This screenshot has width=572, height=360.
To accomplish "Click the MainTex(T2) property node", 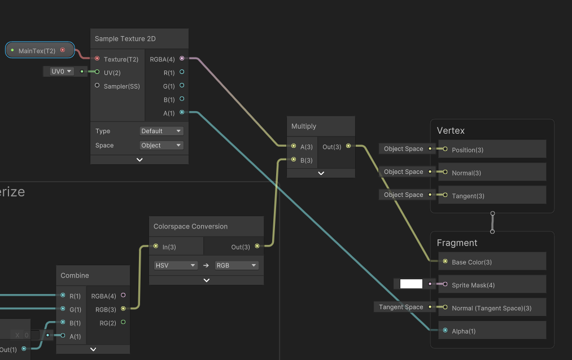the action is (x=40, y=50).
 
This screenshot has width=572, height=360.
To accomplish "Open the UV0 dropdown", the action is (x=61, y=72).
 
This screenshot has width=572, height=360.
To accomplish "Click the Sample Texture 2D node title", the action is (x=125, y=38).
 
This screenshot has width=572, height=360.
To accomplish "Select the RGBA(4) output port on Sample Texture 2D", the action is (x=182, y=58).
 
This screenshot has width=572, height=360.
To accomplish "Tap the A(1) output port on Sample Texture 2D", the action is (x=182, y=112).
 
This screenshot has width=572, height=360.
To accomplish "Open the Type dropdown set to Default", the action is (x=161, y=131).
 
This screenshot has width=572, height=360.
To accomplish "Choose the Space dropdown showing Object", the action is (x=161, y=145).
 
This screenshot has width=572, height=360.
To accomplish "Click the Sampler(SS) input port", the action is (x=97, y=85).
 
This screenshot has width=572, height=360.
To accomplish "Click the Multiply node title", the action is (x=304, y=126).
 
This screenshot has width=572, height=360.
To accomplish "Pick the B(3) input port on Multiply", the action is (x=294, y=159).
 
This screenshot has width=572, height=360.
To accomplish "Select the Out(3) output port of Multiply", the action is (x=348, y=146).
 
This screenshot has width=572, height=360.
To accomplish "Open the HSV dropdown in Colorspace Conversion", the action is (x=176, y=265).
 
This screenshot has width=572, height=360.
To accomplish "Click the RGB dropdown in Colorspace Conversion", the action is (x=237, y=265).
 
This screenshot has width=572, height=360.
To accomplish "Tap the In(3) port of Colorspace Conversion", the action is (x=156, y=246).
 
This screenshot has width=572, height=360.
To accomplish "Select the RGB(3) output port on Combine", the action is (x=123, y=309).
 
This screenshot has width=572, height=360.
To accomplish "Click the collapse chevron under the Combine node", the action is (x=93, y=349).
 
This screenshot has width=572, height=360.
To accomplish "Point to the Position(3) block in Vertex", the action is (x=492, y=149).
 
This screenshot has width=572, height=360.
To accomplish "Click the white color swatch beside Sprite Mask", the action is (x=411, y=284).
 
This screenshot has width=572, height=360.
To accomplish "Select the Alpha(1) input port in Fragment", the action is (x=445, y=330).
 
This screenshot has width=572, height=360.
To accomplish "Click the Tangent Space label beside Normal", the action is (x=401, y=307).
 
